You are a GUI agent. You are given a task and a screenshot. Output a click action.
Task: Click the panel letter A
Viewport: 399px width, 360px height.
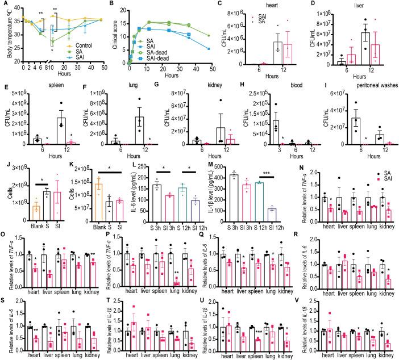tap(5, 5)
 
